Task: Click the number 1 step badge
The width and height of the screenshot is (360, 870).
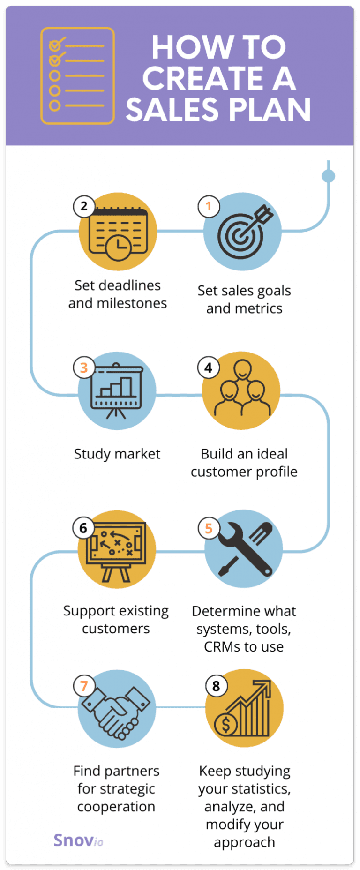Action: (x=209, y=206)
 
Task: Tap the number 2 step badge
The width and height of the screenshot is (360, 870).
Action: (x=84, y=206)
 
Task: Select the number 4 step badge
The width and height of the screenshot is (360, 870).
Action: (x=209, y=368)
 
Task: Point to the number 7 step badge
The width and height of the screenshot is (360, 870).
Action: (x=84, y=686)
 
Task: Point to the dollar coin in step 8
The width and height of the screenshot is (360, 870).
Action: (x=226, y=725)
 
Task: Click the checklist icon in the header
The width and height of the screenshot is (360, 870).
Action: (x=77, y=75)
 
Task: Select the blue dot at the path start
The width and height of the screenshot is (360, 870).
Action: (x=329, y=176)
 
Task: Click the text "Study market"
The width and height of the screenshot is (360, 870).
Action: (x=117, y=454)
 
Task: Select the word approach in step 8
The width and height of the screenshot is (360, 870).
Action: (x=244, y=842)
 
